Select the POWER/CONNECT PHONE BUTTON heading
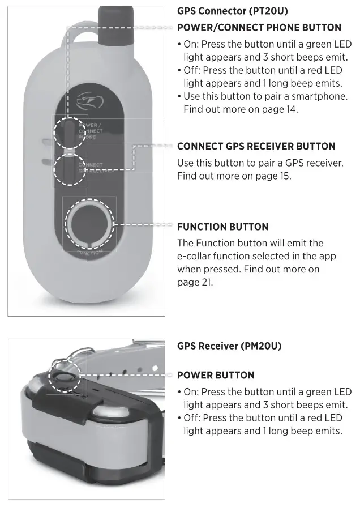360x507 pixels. pos(259,27)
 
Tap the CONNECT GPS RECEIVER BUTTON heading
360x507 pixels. pos(256,146)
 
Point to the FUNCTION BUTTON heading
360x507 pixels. pos(222,227)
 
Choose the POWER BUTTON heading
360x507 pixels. pos(216,375)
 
